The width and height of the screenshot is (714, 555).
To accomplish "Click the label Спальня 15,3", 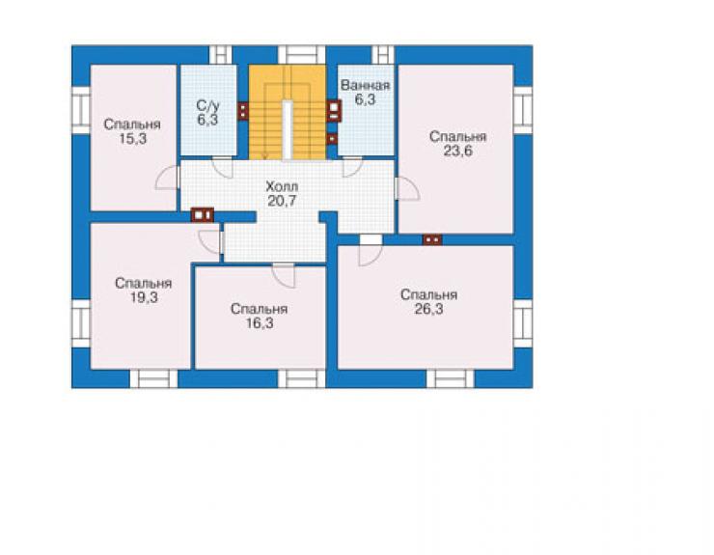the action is tap(132, 131).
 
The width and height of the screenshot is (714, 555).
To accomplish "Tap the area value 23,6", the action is tap(458, 152).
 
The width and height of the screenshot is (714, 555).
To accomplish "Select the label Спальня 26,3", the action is tap(429, 302).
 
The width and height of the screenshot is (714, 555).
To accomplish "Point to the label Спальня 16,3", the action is tap(260, 316).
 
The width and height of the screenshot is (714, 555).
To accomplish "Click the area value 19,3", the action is tap(144, 297).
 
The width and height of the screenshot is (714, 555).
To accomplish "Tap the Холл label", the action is tap(282, 186).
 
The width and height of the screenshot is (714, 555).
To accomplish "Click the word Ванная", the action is tap(365, 85).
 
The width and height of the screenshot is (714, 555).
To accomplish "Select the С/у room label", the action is tap(208, 106).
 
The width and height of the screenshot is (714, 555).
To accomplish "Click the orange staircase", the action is tap(288, 112).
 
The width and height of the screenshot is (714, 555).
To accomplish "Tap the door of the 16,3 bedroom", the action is tap(284, 275).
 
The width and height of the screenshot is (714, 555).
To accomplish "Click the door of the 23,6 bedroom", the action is tap(407, 188).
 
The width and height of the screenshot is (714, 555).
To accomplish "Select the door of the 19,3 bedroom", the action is tap(210, 242).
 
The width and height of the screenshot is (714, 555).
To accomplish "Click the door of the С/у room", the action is tap(223, 167).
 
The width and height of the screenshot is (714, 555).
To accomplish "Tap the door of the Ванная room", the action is tap(352, 167).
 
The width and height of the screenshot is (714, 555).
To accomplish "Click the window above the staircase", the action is tap(301, 55).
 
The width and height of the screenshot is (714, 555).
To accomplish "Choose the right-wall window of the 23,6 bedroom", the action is tap(523, 110).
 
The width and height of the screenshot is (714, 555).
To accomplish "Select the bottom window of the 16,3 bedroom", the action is tap(301, 378).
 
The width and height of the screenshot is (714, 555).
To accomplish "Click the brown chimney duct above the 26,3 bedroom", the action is tap(432, 239).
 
